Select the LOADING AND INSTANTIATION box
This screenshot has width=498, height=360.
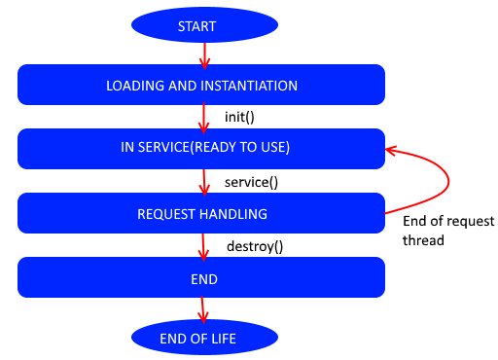pyautogui.click(x=201, y=86)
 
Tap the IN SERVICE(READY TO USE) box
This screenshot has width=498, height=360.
pyautogui.click(x=201, y=148)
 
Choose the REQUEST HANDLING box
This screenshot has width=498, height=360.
pyautogui.click(x=201, y=213)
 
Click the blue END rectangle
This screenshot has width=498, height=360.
pyautogui.click(x=201, y=278)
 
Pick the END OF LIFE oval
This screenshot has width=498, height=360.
pyautogui.click(x=204, y=338)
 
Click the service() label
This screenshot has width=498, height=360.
pyautogui.click(x=250, y=182)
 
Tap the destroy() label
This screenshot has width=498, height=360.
pyautogui.click(x=255, y=246)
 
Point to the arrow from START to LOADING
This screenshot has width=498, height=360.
pyautogui.click(x=204, y=54)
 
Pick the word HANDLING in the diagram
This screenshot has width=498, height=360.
pyautogui.click(x=235, y=213)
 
